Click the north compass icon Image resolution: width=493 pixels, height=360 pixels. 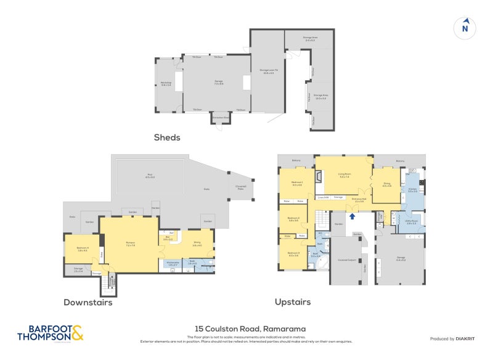pos(465,28)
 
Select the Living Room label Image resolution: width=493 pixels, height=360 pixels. pos(344,175)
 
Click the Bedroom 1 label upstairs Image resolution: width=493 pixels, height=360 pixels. pos(296,183)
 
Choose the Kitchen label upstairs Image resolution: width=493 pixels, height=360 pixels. pos(412,190)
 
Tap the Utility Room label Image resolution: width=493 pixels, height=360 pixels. pos(412,221)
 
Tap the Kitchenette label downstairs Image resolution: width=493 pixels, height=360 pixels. pos(173,263)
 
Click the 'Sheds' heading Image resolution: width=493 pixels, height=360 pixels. pos(167,137)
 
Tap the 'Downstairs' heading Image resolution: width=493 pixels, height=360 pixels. pos(88,302)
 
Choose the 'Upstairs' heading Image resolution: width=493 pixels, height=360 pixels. pos(292,302)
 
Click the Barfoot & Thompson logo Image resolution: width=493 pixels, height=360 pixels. pos(49,333)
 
